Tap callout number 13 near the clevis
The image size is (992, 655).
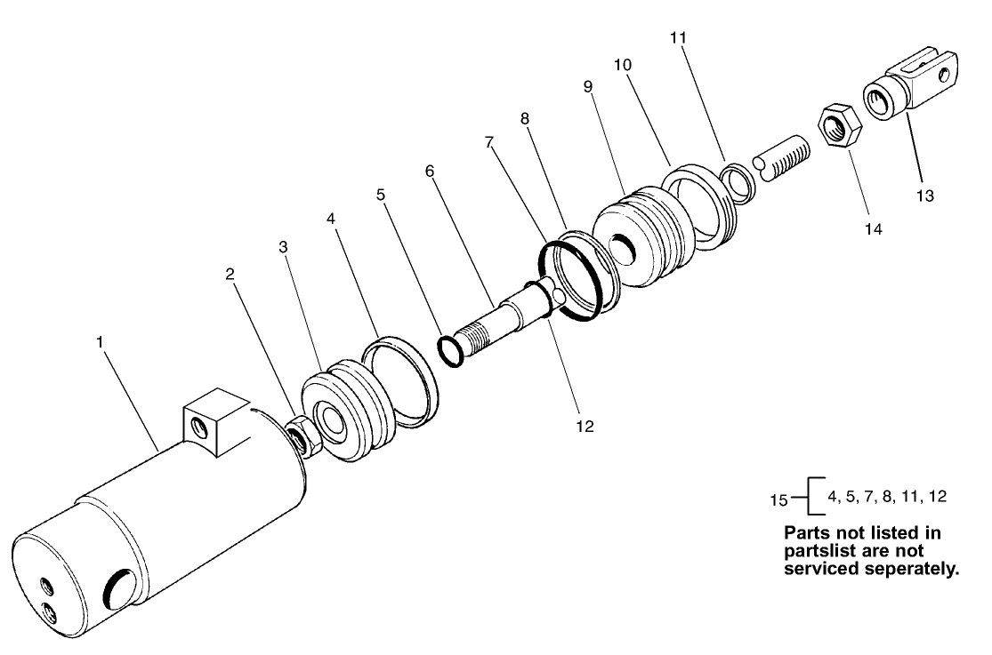coord(925,196)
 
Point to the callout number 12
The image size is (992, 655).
coord(585,427)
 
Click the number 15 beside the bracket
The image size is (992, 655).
coord(778,499)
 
